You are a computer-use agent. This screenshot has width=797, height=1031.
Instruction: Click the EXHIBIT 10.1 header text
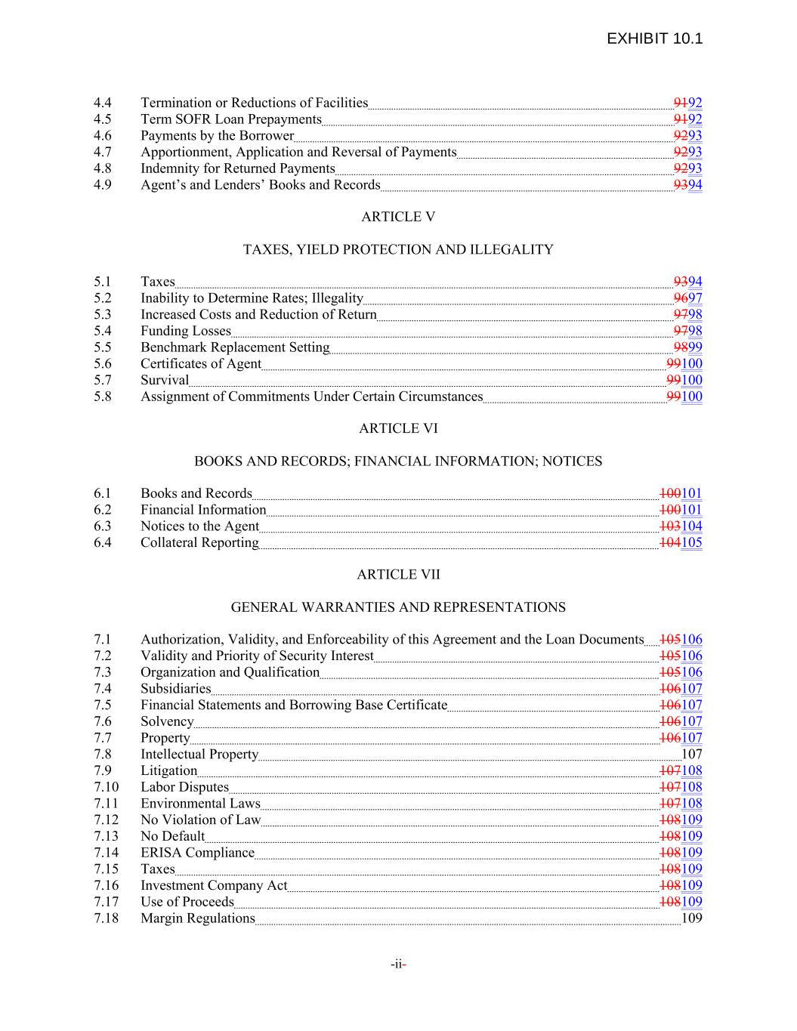pyautogui.click(x=654, y=39)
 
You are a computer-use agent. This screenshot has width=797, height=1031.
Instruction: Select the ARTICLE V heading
pyautogui.click(x=398, y=217)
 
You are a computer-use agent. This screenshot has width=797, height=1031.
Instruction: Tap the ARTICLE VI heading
pyautogui.click(x=398, y=428)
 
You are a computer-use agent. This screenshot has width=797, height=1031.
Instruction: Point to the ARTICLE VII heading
pyautogui.click(x=398, y=574)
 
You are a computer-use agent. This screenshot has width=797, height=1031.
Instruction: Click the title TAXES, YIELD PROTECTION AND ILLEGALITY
pyautogui.click(x=398, y=249)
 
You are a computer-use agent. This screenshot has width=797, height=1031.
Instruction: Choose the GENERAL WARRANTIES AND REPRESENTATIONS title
pyautogui.click(x=398, y=607)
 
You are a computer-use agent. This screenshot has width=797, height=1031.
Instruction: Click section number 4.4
pyautogui.click(x=103, y=103)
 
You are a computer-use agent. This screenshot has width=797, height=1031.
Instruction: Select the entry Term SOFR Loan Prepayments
pyautogui.click(x=231, y=119)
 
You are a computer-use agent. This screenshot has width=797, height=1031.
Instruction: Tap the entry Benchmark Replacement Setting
pyautogui.click(x=235, y=347)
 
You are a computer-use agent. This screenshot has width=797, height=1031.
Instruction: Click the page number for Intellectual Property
pyautogui.click(x=691, y=754)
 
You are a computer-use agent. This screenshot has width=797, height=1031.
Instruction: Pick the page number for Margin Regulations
pyautogui.click(x=691, y=918)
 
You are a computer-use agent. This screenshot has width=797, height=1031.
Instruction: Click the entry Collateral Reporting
pyautogui.click(x=199, y=542)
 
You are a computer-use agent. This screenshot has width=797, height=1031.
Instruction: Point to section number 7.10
pyautogui.click(x=106, y=787)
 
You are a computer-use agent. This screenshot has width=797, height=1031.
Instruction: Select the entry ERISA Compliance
pyautogui.click(x=197, y=853)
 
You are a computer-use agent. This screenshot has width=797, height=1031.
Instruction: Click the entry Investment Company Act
pyautogui.click(x=214, y=885)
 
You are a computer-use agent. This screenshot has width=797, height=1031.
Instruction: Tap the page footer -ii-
pyautogui.click(x=399, y=964)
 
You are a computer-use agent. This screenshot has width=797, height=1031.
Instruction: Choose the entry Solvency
pyautogui.click(x=167, y=721)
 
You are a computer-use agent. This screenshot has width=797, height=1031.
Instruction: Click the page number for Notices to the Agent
pyautogui.click(x=681, y=526)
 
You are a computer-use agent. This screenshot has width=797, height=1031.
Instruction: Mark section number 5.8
pyautogui.click(x=103, y=397)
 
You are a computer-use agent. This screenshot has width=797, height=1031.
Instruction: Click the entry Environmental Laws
pyautogui.click(x=200, y=803)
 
